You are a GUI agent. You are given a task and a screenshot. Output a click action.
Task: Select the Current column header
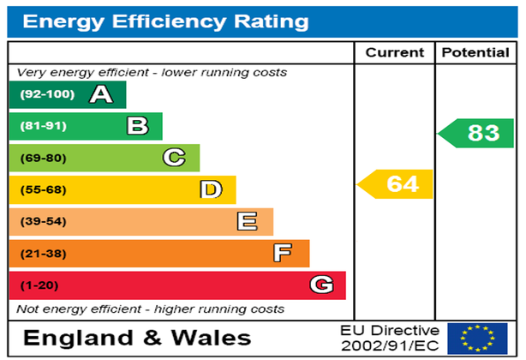click(394, 53)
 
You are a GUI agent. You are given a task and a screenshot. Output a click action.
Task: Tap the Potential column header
click(475, 53)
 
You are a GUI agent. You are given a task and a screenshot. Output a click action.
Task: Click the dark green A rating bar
click(67, 94)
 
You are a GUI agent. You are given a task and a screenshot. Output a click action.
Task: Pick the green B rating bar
click(85, 126)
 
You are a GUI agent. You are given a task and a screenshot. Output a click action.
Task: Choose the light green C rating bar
click(104, 158)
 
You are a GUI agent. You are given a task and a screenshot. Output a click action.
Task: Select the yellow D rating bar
click(122, 189)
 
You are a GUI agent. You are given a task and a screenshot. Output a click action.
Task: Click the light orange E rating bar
click(140, 221)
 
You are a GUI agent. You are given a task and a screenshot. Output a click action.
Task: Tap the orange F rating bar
click(158, 253)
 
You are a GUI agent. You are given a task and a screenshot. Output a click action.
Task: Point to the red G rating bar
click(176, 285)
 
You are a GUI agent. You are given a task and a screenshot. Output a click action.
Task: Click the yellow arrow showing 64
click(397, 184)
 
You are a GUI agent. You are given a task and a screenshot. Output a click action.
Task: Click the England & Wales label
click(137, 338)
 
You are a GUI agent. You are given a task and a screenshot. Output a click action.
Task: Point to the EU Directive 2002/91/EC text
click(389, 339)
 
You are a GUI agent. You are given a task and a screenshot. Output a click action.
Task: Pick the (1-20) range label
click(39, 285)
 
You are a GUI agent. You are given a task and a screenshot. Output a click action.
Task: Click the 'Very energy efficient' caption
click(152, 73)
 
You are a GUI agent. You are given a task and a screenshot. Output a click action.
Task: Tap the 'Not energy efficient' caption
click(151, 309)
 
